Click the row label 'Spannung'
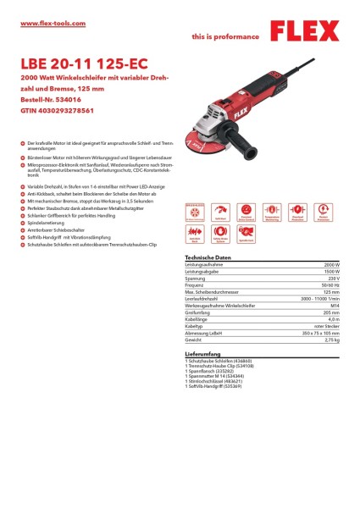click(196, 277)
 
